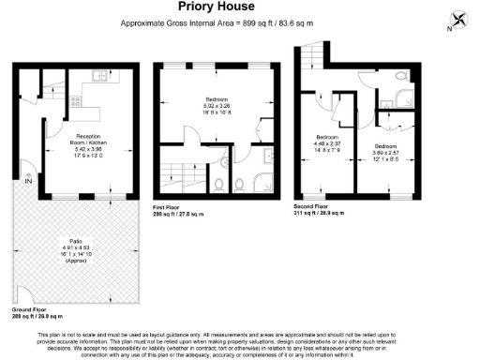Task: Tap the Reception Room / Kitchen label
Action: click(x=95, y=141)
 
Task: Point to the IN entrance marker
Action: click(x=29, y=182)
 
